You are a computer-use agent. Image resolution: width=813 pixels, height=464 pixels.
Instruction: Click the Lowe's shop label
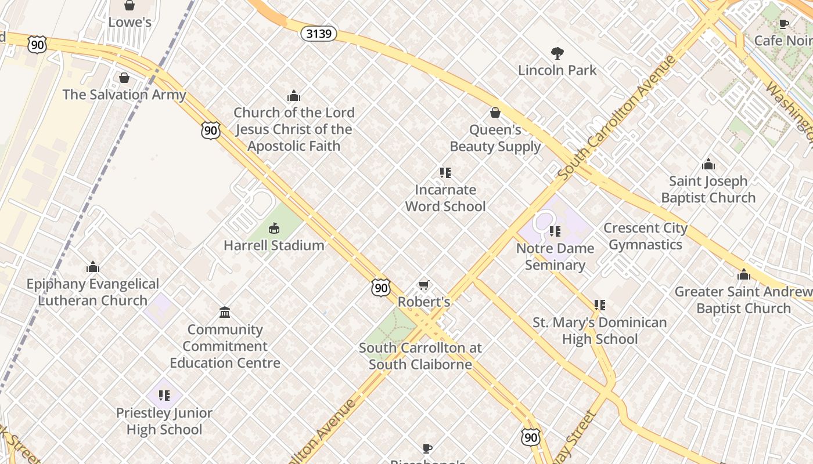130,23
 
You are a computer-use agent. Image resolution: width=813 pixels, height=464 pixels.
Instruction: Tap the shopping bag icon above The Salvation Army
124,78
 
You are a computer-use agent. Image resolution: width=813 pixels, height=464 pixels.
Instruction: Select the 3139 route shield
319,34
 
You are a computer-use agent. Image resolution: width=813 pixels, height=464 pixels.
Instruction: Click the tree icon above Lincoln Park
557,53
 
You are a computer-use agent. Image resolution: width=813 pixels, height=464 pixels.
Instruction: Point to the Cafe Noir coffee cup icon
783,24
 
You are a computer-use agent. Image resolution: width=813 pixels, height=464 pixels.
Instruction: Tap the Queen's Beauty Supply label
495,138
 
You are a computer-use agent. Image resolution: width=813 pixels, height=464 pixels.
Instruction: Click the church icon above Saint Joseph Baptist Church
708,164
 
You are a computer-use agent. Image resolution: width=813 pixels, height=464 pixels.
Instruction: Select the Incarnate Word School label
445,198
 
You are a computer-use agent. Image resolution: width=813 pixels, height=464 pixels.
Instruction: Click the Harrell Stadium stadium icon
274,229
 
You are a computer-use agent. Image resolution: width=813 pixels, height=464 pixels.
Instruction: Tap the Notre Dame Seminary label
555,256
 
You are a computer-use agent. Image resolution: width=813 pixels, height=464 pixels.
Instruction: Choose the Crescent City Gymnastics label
645,236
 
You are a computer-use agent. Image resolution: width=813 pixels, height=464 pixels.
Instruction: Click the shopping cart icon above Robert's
424,285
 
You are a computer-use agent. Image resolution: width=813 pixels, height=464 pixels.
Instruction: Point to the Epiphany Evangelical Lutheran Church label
93,292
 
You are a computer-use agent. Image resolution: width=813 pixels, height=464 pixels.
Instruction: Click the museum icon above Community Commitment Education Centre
225,313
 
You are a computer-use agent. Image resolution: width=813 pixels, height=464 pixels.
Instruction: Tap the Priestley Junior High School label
164,421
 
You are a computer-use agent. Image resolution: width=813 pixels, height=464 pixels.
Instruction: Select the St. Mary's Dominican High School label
600,331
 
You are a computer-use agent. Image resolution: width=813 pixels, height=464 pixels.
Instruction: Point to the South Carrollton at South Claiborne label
420,356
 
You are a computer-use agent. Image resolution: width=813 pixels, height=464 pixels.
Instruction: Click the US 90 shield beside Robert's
381,287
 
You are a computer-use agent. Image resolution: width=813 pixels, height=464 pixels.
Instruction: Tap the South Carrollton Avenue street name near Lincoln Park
617,118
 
